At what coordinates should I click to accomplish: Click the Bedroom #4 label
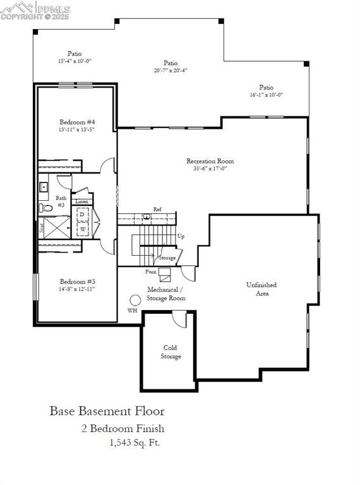coord(77,122)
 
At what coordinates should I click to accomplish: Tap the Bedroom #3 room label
coord(77,281)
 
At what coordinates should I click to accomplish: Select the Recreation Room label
coord(210,161)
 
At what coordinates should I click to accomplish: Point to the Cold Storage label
coord(171,352)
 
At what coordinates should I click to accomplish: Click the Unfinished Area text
coord(261,289)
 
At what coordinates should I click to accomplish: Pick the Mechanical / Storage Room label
coord(165,293)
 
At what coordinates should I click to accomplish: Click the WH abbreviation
coord(132,311)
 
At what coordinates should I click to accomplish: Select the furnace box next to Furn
coord(165,274)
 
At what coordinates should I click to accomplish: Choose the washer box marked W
coord(83,229)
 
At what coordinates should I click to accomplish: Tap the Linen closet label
coord(81,201)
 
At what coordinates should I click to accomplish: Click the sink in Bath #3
coord(44,187)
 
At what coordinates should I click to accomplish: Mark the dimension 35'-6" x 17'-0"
coord(210,169)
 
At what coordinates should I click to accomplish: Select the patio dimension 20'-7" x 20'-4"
coord(171,71)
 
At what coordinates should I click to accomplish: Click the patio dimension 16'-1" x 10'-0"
coord(266,95)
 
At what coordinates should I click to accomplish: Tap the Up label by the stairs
coord(181,236)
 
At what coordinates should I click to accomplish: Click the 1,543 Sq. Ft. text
coord(135,443)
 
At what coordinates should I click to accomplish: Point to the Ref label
coord(157,209)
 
